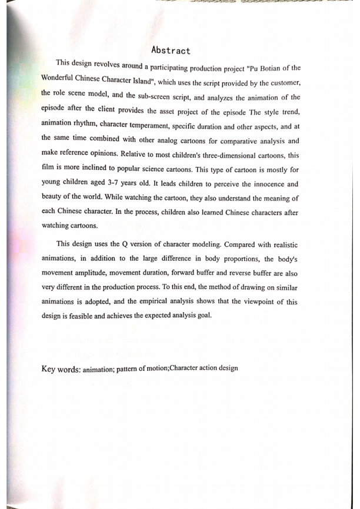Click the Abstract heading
coord(171,51)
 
